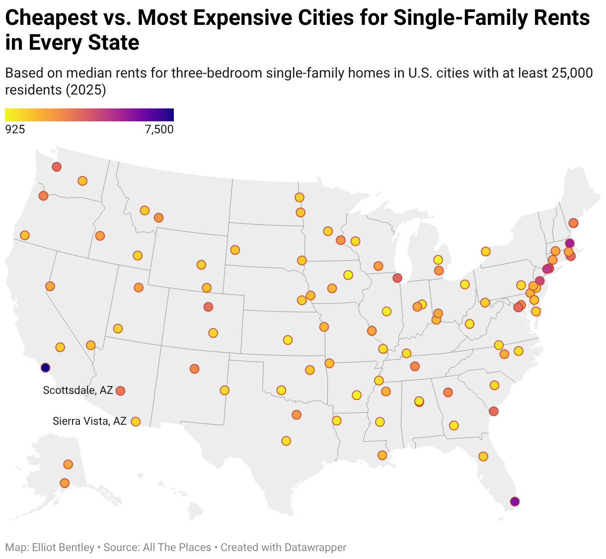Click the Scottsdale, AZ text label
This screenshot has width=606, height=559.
[78, 390]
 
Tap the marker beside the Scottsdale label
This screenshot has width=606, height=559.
[120, 391]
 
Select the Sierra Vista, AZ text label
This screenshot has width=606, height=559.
[89, 421]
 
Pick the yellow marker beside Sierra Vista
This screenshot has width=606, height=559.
[135, 422]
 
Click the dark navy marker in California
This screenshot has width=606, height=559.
[45, 368]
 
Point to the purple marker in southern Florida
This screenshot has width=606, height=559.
[515, 501]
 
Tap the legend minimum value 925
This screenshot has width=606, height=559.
[15, 130]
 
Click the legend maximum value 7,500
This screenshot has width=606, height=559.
[159, 130]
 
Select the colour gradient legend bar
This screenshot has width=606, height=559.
[89, 115]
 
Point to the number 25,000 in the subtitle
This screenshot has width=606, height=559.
[572, 73]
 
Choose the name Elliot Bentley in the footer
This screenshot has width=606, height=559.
[63, 548]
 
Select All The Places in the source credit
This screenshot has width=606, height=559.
[177, 548]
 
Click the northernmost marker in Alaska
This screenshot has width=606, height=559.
[68, 464]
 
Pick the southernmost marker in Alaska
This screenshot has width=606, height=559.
[65, 483]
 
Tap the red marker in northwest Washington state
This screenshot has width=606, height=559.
[57, 167]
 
